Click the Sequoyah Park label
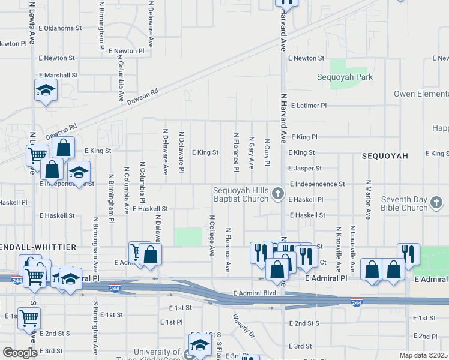click(345, 77)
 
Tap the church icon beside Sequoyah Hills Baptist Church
click(277, 193)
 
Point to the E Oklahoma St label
click(59, 28)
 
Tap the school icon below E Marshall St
click(46, 91)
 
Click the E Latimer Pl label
click(309, 105)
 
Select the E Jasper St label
click(305, 169)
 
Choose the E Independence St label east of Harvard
click(317, 184)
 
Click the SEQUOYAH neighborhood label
click(385, 155)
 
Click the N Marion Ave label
click(369, 198)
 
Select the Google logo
click(20, 353)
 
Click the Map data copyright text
click(424, 355)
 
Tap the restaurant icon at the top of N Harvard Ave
click(287, 2)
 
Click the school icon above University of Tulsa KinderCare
click(200, 344)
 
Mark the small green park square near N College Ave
click(188, 236)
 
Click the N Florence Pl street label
click(237, 151)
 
